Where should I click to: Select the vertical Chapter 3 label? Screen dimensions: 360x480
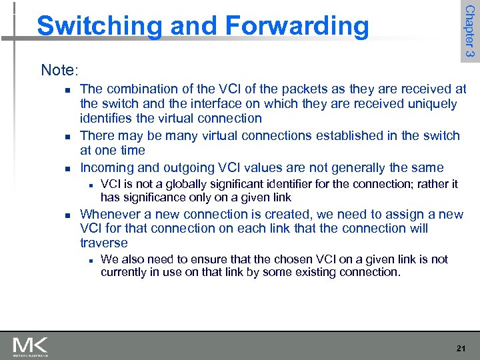469,31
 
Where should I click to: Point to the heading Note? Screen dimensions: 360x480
59,69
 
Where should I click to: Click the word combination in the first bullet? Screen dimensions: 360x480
143,89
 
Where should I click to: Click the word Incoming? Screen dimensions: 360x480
107,167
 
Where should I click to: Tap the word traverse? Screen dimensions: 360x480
104,243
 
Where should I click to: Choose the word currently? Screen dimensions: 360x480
125,271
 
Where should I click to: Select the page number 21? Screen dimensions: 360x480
459,347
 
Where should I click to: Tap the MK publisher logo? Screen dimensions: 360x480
30,346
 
